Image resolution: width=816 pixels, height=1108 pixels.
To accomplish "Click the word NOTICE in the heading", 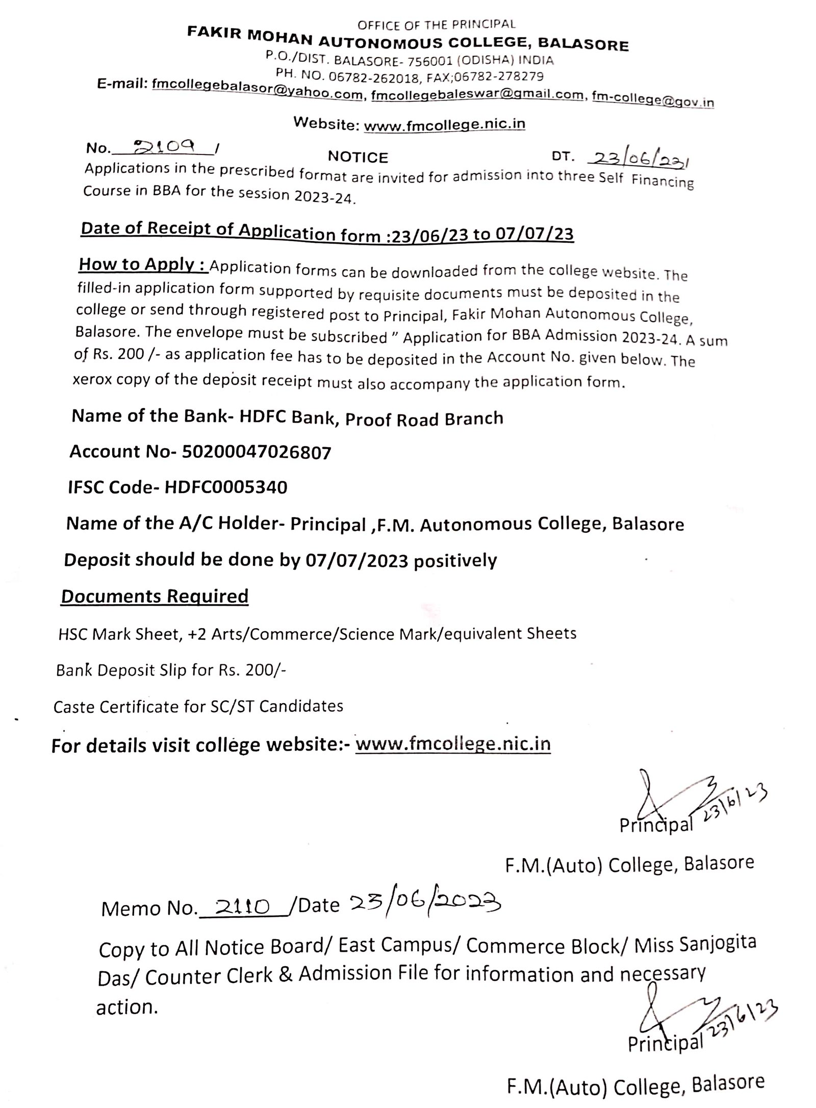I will pyautogui.click(x=358, y=157).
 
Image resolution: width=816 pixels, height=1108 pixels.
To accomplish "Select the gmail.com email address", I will pyautogui.click(x=477, y=95).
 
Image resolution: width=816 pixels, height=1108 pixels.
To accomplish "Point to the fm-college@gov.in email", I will pyautogui.click(x=653, y=100).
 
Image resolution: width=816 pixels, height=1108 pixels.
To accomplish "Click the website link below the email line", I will pyautogui.click(x=444, y=125).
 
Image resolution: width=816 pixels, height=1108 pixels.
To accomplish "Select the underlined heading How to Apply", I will pyautogui.click(x=143, y=265).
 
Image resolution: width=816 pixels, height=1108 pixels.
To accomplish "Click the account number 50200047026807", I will pyautogui.click(x=256, y=452).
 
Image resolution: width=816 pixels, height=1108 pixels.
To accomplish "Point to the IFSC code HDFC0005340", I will pyautogui.click(x=225, y=487).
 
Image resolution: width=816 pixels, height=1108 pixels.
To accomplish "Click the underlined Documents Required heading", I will pyautogui.click(x=155, y=596).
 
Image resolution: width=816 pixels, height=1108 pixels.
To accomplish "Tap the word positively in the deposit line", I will pyautogui.click(x=455, y=561).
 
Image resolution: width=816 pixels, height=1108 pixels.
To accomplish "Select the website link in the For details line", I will pyautogui.click(x=453, y=744).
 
